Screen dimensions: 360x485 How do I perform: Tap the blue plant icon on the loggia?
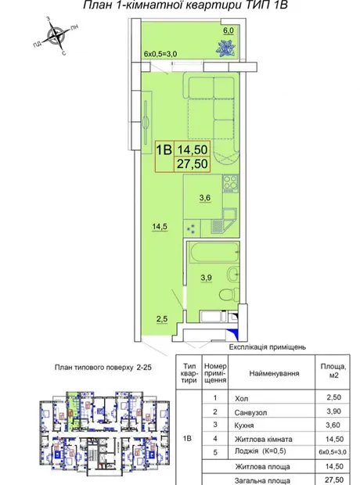tap(226, 48)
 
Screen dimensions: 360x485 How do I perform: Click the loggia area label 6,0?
tap(229, 31)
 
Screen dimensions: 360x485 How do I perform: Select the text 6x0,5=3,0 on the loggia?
tap(160, 53)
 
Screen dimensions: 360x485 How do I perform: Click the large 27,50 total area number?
tap(193, 164)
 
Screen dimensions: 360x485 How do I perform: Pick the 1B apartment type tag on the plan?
tap(164, 150)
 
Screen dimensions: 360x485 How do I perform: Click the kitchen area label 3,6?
tap(205, 198)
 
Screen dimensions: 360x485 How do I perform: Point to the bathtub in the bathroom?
tap(214, 253)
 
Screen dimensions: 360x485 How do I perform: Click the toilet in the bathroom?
tap(229, 293)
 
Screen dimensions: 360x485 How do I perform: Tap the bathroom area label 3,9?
tap(206, 278)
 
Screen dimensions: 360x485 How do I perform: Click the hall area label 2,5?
tap(162, 319)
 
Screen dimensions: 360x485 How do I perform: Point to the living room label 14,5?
tap(160, 227)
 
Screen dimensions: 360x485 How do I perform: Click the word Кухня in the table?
tap(244, 426)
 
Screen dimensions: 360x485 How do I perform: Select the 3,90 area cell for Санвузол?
tap(333, 411)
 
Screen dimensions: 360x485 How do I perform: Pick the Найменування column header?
tap(274, 373)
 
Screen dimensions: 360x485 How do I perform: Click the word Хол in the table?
tap(242, 398)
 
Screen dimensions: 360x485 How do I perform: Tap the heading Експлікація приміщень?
tap(268, 347)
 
